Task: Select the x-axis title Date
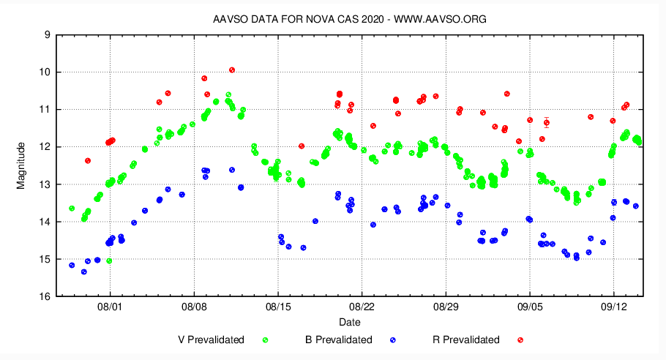[x=349, y=322]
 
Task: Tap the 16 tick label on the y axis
[x=45, y=296]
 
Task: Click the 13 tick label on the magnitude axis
[x=45, y=184]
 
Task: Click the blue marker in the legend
[x=393, y=340]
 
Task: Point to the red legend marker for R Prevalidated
[x=520, y=340]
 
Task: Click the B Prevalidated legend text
[x=339, y=340]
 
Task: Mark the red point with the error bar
[x=547, y=122]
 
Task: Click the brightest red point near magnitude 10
[x=232, y=70]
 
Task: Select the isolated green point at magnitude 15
[x=109, y=260]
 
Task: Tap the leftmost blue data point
[x=72, y=265]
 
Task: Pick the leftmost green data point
[x=72, y=209]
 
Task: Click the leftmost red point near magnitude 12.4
[x=88, y=160]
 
